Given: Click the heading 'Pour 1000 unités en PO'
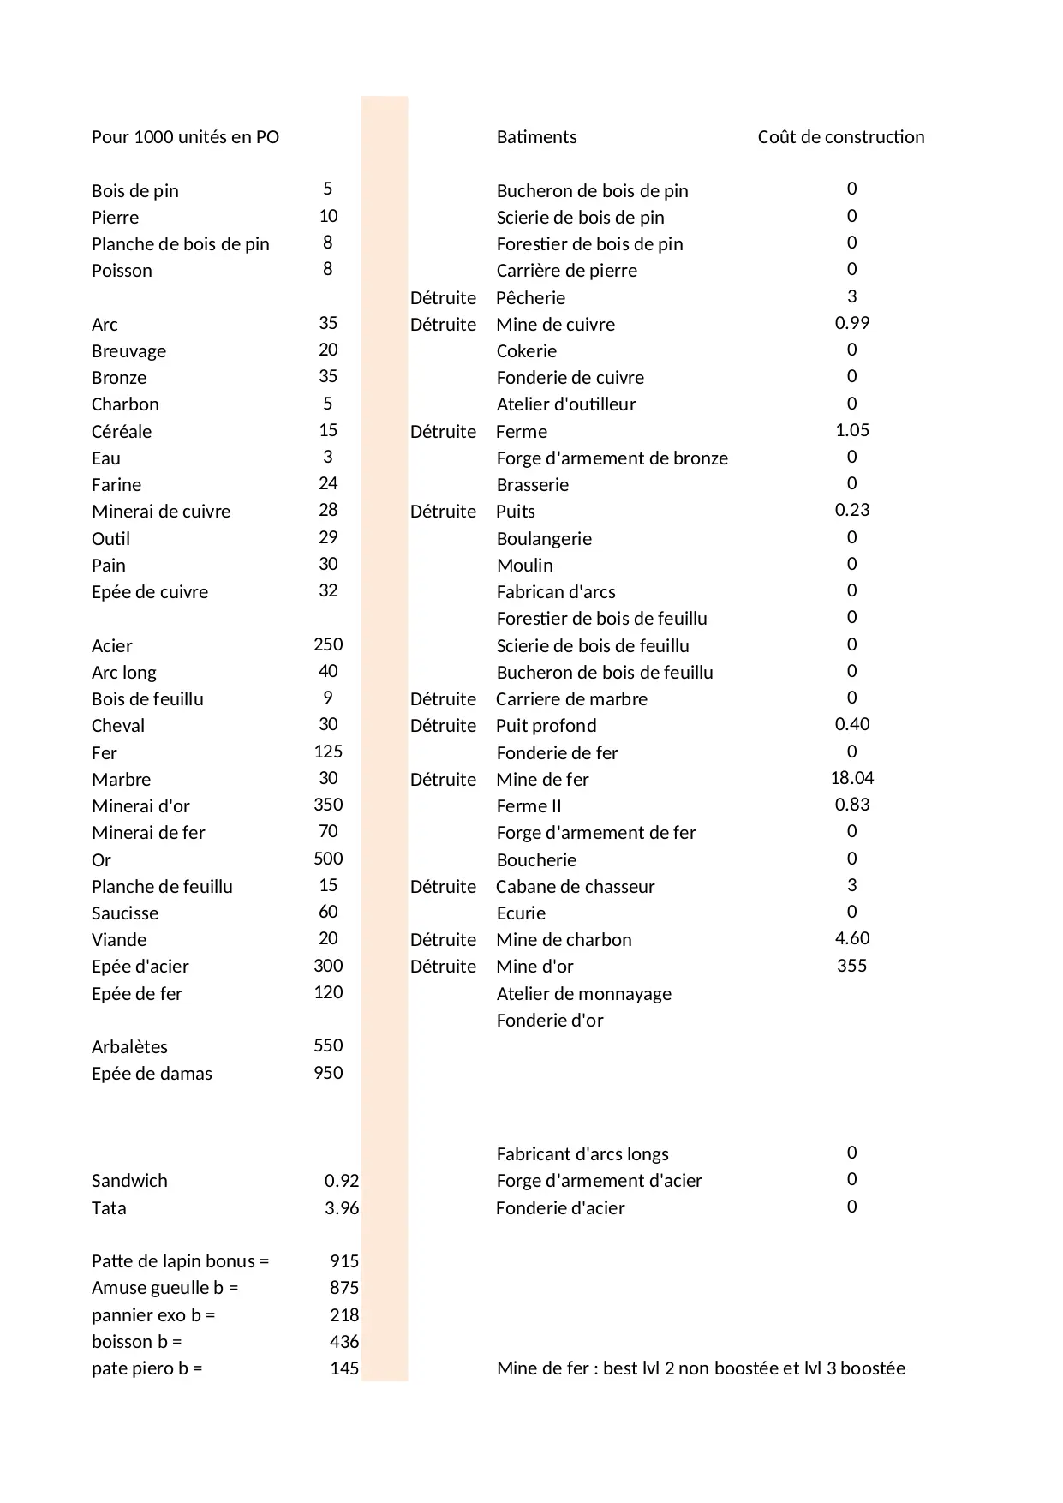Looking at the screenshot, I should pos(185,137).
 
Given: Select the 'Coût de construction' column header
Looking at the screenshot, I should pos(840,137).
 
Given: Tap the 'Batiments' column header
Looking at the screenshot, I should pos(536,137).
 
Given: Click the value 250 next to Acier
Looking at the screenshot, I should pos(328,644).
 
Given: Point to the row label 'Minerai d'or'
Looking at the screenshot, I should pos(140,805).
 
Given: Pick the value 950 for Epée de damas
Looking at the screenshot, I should pos(328,1073).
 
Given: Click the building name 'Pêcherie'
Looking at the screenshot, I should pos(530,297).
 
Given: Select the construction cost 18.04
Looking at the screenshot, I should pos(851,778).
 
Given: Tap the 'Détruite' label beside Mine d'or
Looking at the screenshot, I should pos(443,967).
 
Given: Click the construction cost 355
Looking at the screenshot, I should pos(851,966).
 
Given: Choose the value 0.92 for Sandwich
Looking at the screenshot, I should pos(341,1181).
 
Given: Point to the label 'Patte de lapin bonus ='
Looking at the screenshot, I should pos(180,1261).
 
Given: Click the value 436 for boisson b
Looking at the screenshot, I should pos(344,1342).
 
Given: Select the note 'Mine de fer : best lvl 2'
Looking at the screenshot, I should pos(700,1368).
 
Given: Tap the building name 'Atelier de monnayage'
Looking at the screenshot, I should pos(583,994).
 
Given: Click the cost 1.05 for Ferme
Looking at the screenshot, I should pos(851,430).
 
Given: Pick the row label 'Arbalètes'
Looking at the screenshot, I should pos(129,1047).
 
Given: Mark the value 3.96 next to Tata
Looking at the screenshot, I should pos(341,1208).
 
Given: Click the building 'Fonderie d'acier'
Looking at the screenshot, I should pos(560,1208).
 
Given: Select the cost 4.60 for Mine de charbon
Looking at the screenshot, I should pos(851,939).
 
